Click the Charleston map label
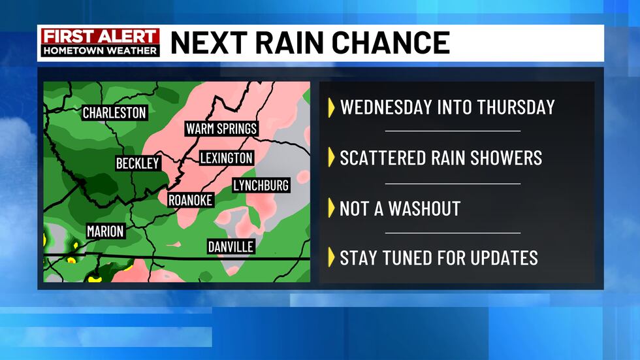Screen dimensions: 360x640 point(114,113)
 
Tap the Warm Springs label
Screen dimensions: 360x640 point(221,128)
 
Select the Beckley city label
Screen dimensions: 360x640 point(138,163)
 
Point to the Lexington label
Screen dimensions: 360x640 point(226,158)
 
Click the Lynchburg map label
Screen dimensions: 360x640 point(261,186)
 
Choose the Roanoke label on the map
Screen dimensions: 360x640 point(190,201)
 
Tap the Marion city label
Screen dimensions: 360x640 point(105,231)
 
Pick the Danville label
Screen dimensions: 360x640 point(231,247)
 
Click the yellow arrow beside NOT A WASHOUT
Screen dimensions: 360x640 point(331,208)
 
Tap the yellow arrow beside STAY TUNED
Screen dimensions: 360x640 point(331,257)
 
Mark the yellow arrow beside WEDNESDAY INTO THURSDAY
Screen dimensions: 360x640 point(331,106)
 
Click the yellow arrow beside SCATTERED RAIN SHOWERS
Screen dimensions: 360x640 point(331,157)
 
